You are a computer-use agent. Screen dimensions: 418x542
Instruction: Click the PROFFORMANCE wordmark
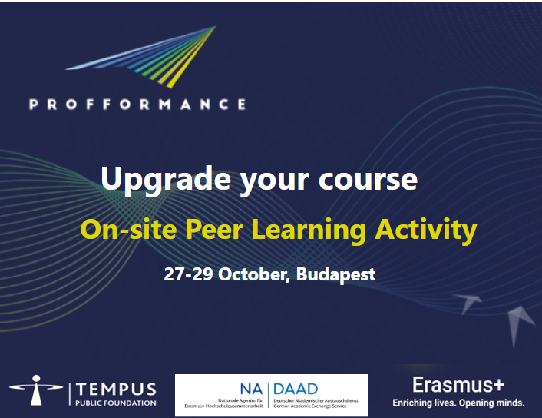137,104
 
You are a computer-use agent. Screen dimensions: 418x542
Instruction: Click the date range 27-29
188,274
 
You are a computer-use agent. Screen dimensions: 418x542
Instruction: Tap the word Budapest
335,274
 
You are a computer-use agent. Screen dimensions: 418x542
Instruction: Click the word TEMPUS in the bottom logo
116,390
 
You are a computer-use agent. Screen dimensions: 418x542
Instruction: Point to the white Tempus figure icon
36,390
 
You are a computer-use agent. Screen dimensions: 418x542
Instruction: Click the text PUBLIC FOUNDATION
116,403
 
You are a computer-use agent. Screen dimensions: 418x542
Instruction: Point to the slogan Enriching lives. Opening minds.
459,403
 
